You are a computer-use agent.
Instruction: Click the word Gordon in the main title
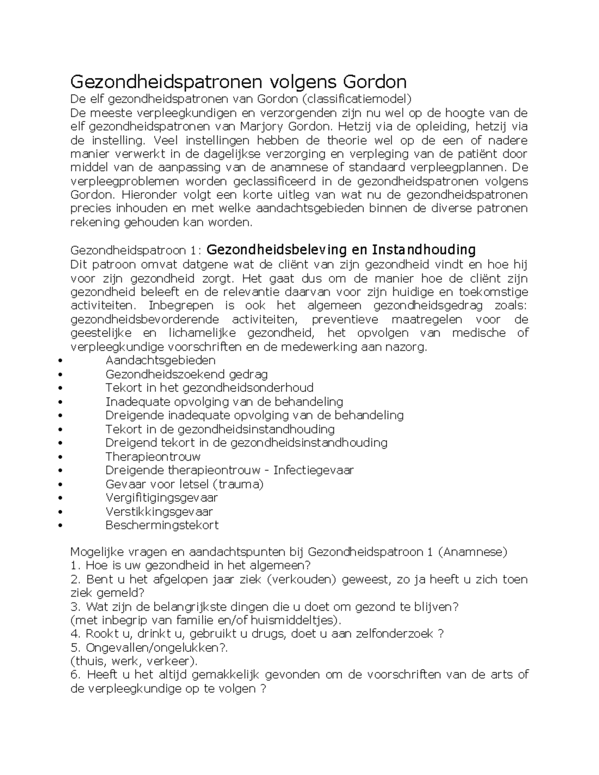pyautogui.click(x=374, y=81)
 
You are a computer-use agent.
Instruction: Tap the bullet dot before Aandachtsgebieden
pyautogui.click(x=60, y=361)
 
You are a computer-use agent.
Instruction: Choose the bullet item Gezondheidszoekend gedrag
pyautogui.click(x=186, y=374)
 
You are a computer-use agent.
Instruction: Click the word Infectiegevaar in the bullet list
pyautogui.click(x=313, y=470)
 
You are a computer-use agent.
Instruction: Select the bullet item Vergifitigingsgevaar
pyautogui.click(x=161, y=498)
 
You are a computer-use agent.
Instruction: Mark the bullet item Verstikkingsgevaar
pyautogui.click(x=159, y=512)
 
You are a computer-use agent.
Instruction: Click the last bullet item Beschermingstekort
pyautogui.click(x=162, y=525)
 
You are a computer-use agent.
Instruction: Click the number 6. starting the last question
pyautogui.click(x=75, y=675)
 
